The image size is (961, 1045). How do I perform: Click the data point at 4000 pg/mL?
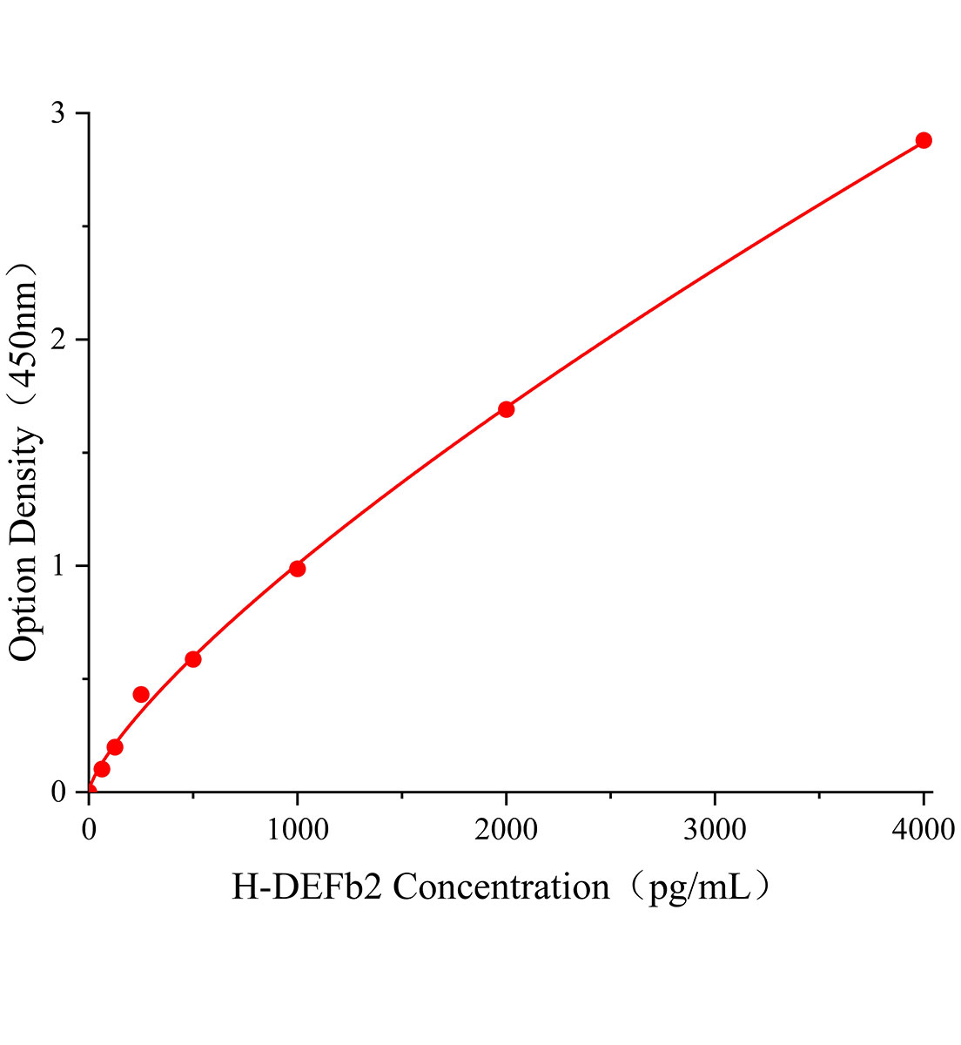click(924, 140)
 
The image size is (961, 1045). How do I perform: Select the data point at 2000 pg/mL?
click(506, 409)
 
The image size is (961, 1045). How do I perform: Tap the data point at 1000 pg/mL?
click(297, 569)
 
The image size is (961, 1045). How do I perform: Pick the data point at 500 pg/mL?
click(193, 659)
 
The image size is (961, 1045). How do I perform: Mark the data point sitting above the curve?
click(141, 694)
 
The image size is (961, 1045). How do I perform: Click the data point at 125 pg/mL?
click(115, 747)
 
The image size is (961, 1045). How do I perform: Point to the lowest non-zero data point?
click(102, 769)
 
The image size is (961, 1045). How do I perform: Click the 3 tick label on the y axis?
click(58, 113)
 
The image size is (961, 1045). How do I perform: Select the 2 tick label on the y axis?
click(58, 340)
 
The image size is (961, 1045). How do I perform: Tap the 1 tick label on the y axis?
click(58, 566)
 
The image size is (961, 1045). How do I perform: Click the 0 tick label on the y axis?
click(58, 792)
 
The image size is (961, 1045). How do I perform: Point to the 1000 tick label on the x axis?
click(297, 830)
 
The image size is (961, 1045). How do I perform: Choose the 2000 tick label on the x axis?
click(506, 830)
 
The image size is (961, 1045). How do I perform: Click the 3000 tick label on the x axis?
click(715, 830)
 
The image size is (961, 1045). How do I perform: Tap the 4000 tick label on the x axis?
click(924, 830)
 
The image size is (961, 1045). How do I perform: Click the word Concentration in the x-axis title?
click(501, 888)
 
